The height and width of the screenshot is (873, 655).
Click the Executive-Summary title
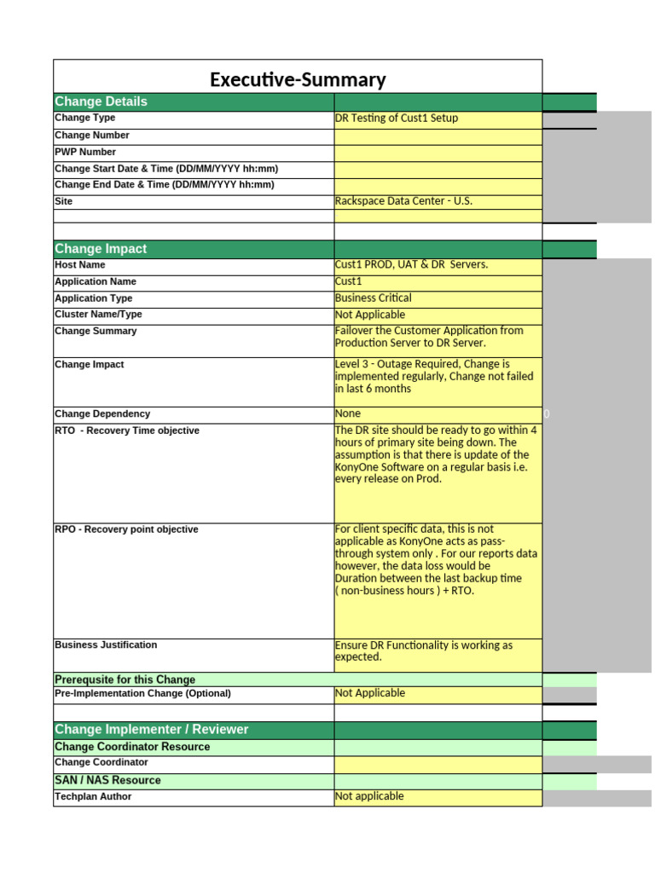(x=298, y=80)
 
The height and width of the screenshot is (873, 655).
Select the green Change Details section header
(x=101, y=101)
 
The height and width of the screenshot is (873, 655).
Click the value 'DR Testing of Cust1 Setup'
(x=397, y=119)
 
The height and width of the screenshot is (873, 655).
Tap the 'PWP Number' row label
(x=85, y=152)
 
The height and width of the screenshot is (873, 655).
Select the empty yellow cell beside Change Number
(x=438, y=136)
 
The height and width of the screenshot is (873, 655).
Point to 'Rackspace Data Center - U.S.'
(x=403, y=201)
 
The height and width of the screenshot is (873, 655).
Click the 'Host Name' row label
(x=80, y=265)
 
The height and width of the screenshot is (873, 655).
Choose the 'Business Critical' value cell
(x=374, y=298)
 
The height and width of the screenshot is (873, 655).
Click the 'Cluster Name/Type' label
(x=98, y=315)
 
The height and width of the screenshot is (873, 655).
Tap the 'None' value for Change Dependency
(x=348, y=413)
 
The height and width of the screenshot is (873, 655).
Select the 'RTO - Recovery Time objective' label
(x=126, y=431)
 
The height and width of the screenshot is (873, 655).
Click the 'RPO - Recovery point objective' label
(x=126, y=529)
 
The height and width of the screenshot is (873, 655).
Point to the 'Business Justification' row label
(x=106, y=645)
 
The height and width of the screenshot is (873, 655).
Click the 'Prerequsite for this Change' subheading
(x=125, y=679)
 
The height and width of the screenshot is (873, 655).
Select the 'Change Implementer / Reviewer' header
(x=152, y=730)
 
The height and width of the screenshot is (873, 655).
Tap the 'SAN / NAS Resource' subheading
(x=107, y=780)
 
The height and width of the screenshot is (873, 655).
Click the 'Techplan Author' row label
(x=93, y=797)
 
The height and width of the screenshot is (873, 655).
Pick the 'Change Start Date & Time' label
(x=166, y=169)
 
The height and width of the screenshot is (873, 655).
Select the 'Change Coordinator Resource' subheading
(x=132, y=747)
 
